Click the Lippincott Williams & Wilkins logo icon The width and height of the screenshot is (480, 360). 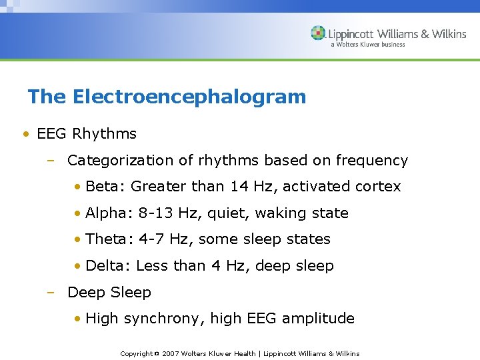(319, 33)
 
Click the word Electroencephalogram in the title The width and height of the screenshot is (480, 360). (189, 97)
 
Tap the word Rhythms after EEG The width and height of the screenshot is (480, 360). (104, 134)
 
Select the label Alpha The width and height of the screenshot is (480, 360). (108, 213)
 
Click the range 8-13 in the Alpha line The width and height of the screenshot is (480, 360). (157, 213)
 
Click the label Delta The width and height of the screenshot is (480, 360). (107, 266)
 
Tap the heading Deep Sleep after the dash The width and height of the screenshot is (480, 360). (109, 293)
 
